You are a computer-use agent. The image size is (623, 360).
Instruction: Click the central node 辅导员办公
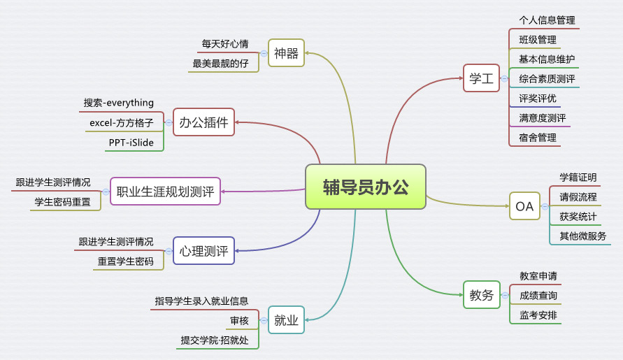[x=366, y=187]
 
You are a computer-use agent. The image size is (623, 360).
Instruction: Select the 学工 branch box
[x=481, y=78]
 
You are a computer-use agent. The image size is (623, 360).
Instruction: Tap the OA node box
[x=524, y=206]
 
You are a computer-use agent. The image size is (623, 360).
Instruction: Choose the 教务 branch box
[x=481, y=295]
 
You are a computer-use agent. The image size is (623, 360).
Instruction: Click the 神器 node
[x=286, y=52]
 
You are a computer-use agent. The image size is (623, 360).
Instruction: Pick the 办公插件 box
[x=203, y=122]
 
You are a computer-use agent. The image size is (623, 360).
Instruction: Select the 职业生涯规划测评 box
[x=165, y=191]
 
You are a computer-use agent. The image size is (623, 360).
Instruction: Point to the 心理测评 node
[x=203, y=250]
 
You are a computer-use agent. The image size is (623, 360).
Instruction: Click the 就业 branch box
[x=286, y=321]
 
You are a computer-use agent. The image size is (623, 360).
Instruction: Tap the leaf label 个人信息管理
[x=547, y=20]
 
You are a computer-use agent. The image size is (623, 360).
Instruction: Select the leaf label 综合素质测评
[x=547, y=79]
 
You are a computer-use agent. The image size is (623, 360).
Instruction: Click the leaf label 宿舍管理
[x=538, y=138]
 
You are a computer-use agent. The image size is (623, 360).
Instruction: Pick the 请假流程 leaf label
[x=578, y=197]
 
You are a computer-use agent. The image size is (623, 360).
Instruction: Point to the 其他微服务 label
[x=582, y=236]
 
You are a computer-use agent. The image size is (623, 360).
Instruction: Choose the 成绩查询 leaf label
[x=538, y=296]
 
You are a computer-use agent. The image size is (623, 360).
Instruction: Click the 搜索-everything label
[x=119, y=103]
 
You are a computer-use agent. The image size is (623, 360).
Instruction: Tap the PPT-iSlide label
[x=131, y=143]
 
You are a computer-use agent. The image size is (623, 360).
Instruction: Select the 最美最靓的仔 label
[x=221, y=63]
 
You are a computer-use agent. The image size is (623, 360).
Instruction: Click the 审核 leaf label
[x=239, y=321]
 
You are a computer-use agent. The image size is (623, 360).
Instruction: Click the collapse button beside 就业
[x=264, y=321]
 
